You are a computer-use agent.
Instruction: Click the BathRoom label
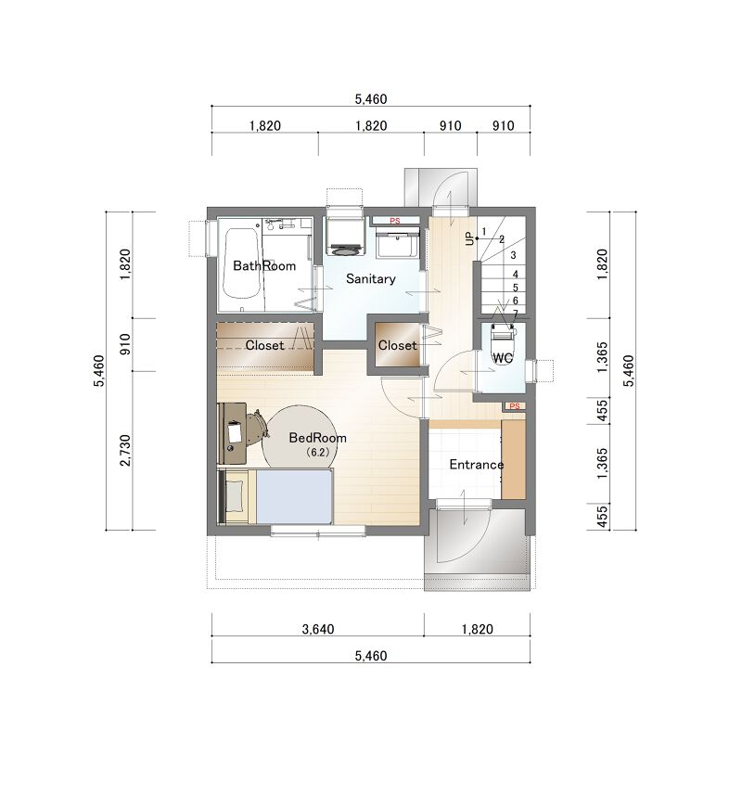pyautogui.click(x=264, y=265)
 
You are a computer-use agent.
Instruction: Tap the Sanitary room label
pyautogui.click(x=370, y=278)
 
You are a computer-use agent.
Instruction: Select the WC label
pyautogui.click(x=503, y=358)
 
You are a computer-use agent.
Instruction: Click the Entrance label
pyautogui.click(x=477, y=465)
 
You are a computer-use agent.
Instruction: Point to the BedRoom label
pyautogui.click(x=317, y=438)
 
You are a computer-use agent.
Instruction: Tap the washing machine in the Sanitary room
pyautogui.click(x=345, y=236)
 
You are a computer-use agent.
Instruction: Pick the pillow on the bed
pyautogui.click(x=234, y=495)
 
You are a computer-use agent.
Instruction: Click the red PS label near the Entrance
pyautogui.click(x=515, y=406)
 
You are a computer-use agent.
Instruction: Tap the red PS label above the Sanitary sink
pyautogui.click(x=394, y=221)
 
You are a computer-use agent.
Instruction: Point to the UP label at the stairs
pyautogui.click(x=469, y=238)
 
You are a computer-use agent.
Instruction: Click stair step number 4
pyautogui.click(x=516, y=275)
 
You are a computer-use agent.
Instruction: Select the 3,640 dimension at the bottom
pyautogui.click(x=318, y=629)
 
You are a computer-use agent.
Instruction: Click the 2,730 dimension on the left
pyautogui.click(x=124, y=450)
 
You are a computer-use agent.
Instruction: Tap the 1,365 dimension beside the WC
pyautogui.click(x=602, y=357)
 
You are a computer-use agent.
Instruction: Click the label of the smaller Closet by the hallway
pyautogui.click(x=397, y=345)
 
